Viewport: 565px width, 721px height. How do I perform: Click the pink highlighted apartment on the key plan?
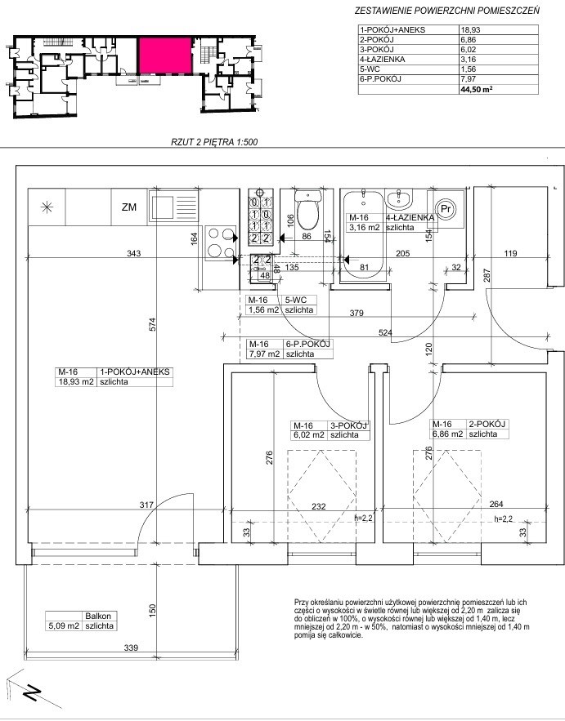pos(165,56)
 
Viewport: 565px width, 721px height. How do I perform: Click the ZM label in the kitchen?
pos(129,207)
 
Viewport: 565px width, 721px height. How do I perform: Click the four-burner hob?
pos(221,243)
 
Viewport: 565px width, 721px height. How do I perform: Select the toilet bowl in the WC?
pos(307,211)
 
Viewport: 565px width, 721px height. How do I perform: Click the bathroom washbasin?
pos(399,198)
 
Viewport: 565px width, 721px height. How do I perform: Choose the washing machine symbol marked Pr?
pos(446,209)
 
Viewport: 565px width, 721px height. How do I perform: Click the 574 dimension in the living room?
pos(154,324)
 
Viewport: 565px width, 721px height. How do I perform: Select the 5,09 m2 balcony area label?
pos(65,625)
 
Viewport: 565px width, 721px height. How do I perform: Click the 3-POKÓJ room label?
pos(348,425)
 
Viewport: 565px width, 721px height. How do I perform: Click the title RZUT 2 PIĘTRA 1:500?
pos(214,142)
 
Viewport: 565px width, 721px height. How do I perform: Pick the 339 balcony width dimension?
pos(132,648)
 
